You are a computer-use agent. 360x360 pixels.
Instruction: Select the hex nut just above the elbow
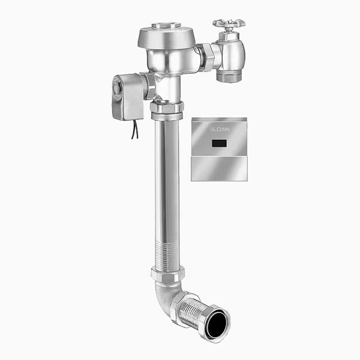click(x=167, y=274)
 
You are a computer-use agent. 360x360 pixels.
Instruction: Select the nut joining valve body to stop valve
click(x=208, y=56)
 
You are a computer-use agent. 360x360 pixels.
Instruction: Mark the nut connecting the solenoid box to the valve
click(x=148, y=86)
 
